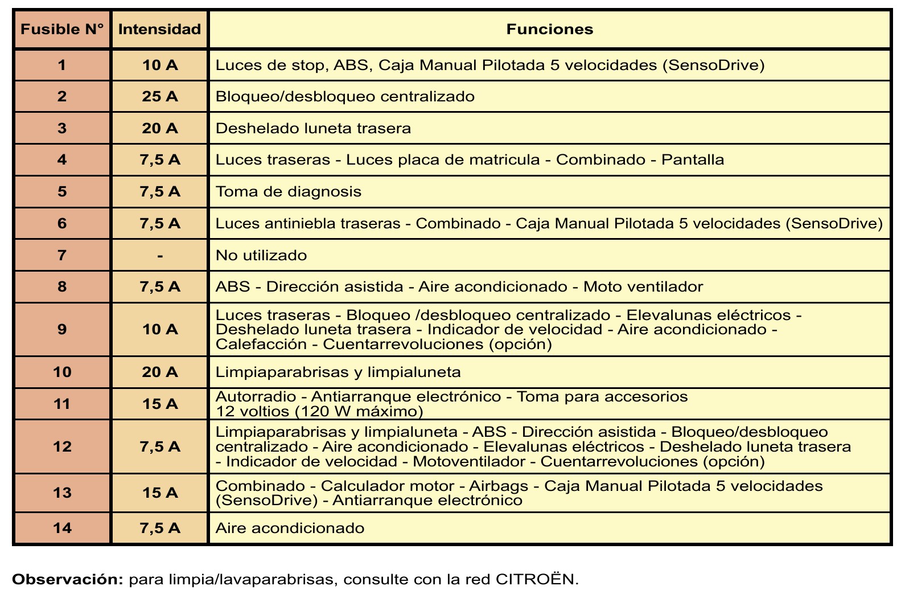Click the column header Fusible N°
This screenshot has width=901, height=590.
(62, 29)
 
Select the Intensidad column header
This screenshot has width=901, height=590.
(159, 29)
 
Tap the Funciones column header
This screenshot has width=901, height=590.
(549, 29)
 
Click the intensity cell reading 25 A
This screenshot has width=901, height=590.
(160, 96)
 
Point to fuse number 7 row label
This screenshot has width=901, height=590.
(62, 255)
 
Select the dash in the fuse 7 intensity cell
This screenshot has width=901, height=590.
(160, 256)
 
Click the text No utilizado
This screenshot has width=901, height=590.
(261, 255)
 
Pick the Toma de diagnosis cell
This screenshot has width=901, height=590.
(289, 191)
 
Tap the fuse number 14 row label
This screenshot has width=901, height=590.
(62, 528)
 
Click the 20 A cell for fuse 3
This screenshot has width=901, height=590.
(160, 128)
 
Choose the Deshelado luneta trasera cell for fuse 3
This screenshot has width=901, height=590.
(313, 128)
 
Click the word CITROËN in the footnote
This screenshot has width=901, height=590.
(537, 579)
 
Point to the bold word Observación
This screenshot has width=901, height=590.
(68, 579)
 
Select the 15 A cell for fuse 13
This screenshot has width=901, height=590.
(160, 493)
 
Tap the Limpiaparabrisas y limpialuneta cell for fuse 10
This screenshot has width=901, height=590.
(338, 372)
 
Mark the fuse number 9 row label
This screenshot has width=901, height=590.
(62, 329)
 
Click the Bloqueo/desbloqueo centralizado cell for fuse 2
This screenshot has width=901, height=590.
(345, 96)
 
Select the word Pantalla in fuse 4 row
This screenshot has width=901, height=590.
(693, 159)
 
